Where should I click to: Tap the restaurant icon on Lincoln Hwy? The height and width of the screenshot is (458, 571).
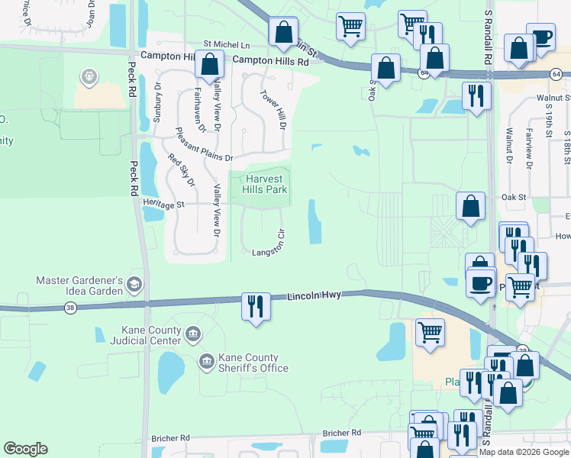[x=255, y=306]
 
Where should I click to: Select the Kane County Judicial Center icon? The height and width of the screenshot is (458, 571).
[x=192, y=333]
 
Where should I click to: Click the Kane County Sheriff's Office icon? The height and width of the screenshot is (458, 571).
[x=206, y=360]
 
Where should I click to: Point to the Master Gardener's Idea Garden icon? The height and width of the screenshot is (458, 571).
[x=134, y=285]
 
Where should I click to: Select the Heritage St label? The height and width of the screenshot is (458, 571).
[x=164, y=205]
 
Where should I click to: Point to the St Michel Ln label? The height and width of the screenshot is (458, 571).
[x=226, y=46]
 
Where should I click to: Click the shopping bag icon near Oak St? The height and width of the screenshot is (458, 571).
[x=471, y=205]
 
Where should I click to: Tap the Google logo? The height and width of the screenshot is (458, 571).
[x=25, y=449]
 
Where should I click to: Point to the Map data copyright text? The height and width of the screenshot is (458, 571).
[x=524, y=452]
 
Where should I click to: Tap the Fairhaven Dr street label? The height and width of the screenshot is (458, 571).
[x=199, y=110]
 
